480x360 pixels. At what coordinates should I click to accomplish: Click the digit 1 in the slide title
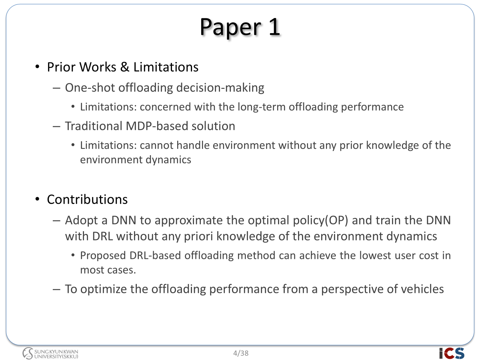coord(275,27)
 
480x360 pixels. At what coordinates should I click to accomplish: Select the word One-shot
coord(90,88)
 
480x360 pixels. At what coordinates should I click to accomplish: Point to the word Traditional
coord(94,126)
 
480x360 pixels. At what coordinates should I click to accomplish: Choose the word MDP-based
coord(157,126)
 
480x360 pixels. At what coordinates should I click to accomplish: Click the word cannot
coord(156,145)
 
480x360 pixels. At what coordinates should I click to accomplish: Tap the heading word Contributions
coord(87,199)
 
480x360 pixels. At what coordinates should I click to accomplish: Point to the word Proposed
coord(103,256)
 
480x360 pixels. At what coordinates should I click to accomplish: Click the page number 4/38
coord(241,353)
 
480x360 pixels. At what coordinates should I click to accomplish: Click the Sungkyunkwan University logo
coord(50,353)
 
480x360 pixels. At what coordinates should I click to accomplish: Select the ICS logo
coord(452,353)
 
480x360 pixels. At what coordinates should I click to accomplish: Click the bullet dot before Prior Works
coord(37,67)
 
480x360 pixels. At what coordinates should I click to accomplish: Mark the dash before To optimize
coord(56,289)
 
